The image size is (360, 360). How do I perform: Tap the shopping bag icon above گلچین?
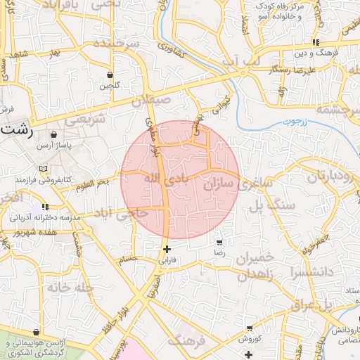pos(110,75)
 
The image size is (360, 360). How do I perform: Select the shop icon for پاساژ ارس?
pos(54,134)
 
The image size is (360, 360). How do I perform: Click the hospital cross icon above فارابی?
pos(167,249)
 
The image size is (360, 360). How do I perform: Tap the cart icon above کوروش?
pos(250,328)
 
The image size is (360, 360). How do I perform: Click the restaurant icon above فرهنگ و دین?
pos(316,41)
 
